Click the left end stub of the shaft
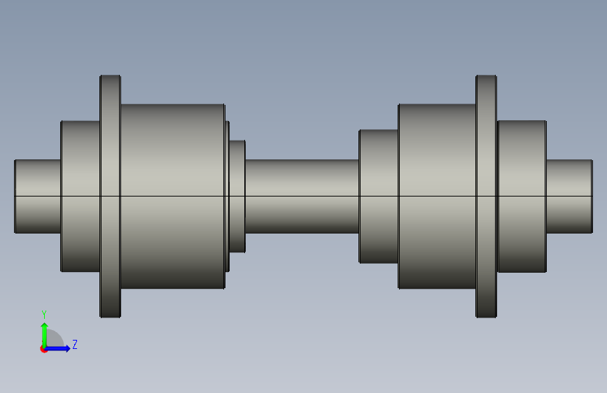coord(38,196)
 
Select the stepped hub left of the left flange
coord(81,196)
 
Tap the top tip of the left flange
coord(111,76)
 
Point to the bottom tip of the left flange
coord(111,317)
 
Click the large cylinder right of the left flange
coord(173,196)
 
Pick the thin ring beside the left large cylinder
coord(228,196)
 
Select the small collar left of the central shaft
coord(237,196)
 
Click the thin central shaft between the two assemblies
coord(302,196)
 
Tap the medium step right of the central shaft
coord(379,196)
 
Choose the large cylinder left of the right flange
coord(437,196)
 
